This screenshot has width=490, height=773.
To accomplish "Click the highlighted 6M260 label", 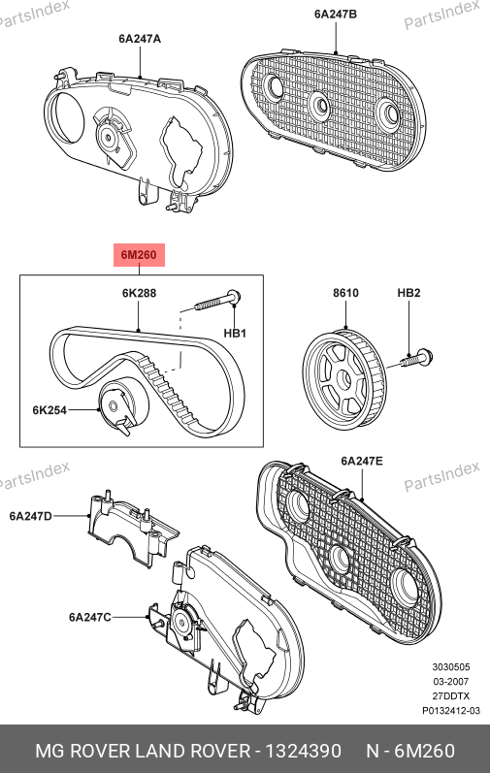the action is (x=139, y=255).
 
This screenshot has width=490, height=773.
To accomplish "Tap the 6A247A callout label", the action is (x=140, y=39).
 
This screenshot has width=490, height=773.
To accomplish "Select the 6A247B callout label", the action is (x=335, y=14).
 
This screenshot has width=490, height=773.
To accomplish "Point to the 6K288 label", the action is (x=139, y=293).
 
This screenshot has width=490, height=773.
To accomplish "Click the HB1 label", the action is (x=235, y=334).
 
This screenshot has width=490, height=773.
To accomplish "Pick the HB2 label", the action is (x=408, y=293).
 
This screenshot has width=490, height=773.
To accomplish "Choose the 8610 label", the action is (x=345, y=293).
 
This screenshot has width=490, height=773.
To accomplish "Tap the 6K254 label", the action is (x=49, y=409).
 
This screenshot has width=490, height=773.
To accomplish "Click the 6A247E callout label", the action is (x=361, y=461).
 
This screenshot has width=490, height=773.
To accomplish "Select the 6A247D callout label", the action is (x=30, y=516).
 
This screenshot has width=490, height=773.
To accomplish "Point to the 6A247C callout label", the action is (x=89, y=617).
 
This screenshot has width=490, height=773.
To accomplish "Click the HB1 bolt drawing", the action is (x=217, y=302).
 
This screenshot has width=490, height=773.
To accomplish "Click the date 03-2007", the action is (x=451, y=681).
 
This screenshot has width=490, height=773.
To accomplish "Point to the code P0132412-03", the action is (x=450, y=710).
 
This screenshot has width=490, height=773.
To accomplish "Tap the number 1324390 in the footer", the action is (x=303, y=751).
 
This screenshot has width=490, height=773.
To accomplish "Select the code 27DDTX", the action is (x=451, y=696).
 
